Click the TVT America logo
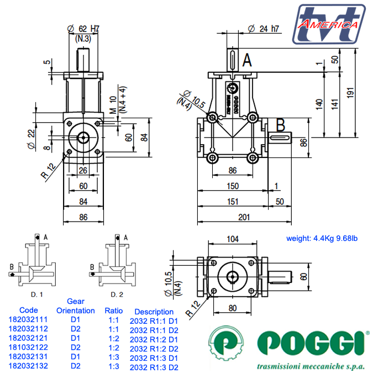pos(329,23)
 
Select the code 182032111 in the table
pos(28,319)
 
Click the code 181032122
pos(28,347)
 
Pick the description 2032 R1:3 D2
pos(154,367)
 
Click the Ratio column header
pos(114,311)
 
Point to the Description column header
pos(154,312)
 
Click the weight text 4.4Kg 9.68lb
pos(322,239)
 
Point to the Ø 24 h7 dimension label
pos(263,28)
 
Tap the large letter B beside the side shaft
pos(280,125)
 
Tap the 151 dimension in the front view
pos(232,202)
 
